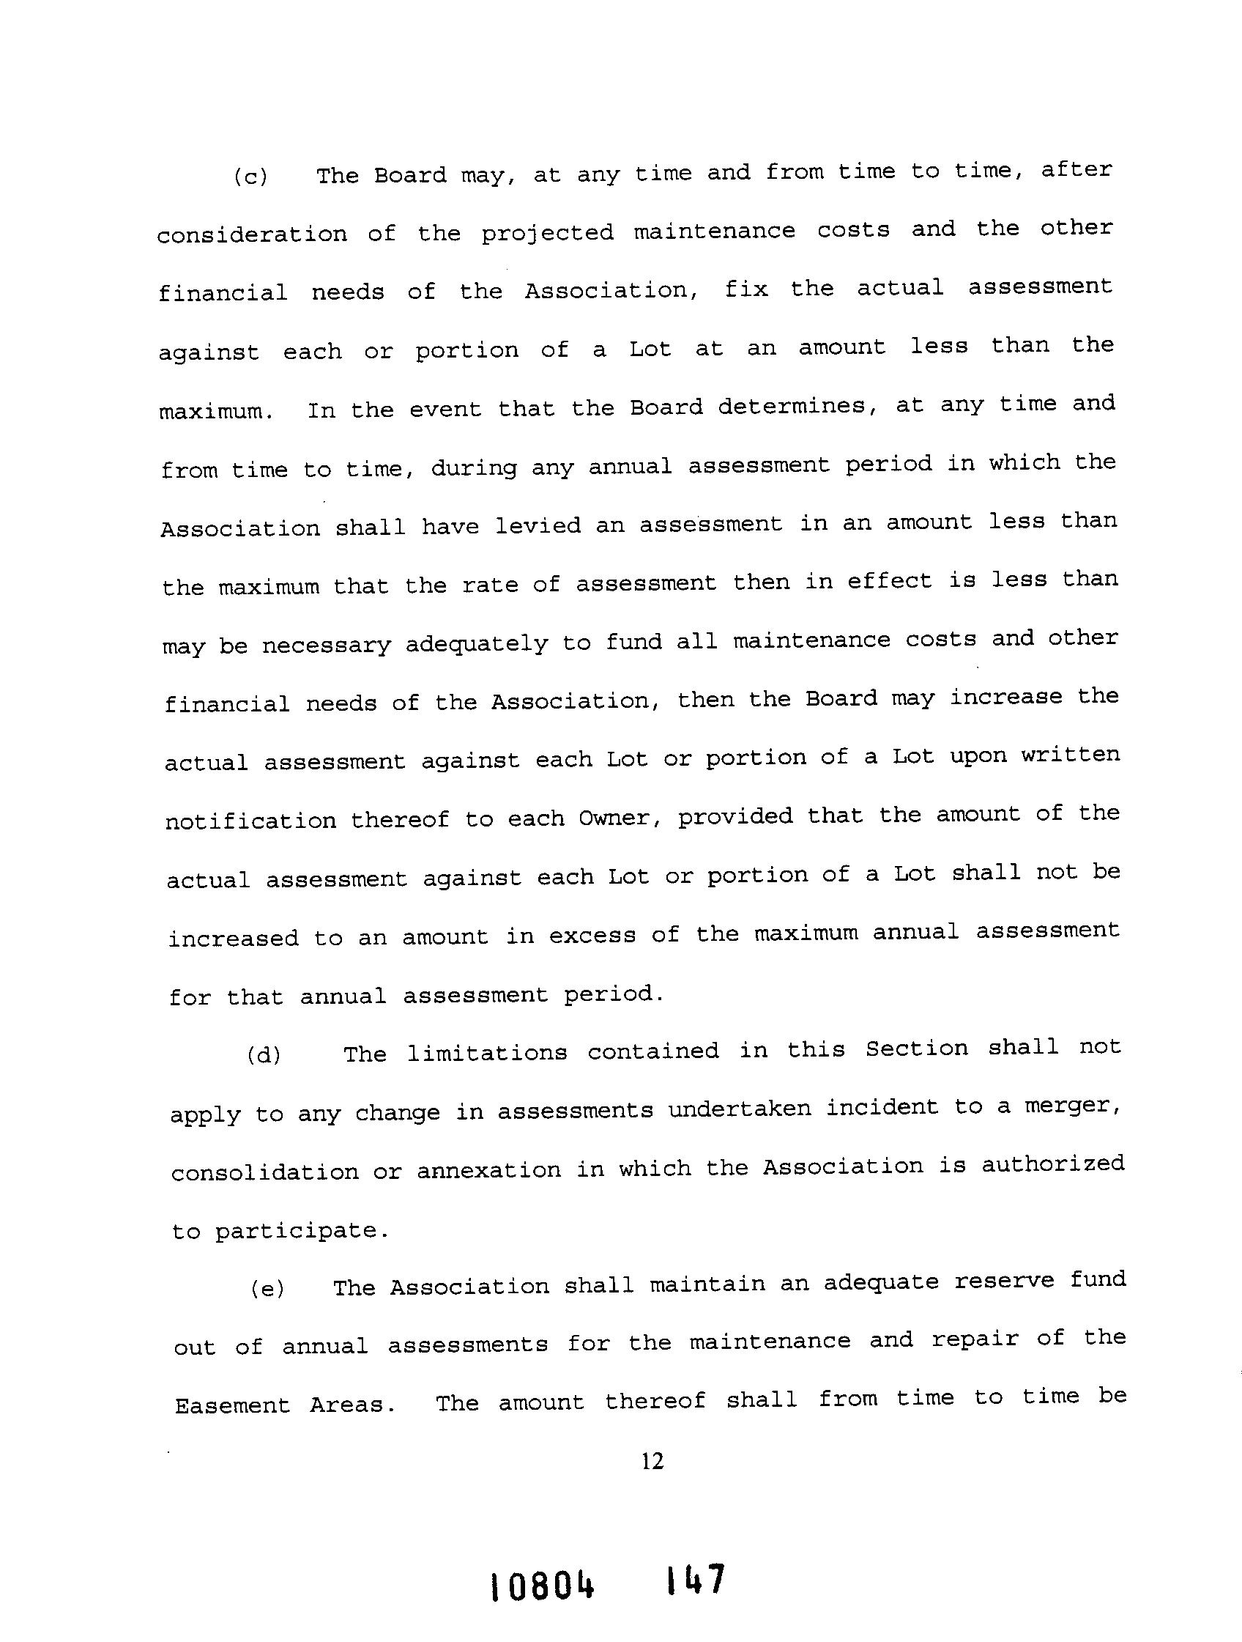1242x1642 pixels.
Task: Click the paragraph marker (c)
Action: click(x=250, y=177)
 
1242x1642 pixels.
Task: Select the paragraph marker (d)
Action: click(x=264, y=1055)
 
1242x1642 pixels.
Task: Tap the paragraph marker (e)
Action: click(x=267, y=1289)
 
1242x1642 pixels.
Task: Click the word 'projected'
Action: click(x=548, y=233)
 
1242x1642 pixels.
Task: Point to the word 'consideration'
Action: click(x=251, y=234)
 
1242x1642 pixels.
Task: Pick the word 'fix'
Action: click(x=745, y=288)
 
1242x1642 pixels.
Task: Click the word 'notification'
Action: click(x=250, y=821)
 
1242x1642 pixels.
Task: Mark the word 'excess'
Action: click(x=592, y=936)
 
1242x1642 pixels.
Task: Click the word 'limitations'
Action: click(x=487, y=1053)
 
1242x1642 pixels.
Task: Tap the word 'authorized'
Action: click(x=1053, y=1164)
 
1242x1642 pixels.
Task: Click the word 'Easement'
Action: click(x=232, y=1405)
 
